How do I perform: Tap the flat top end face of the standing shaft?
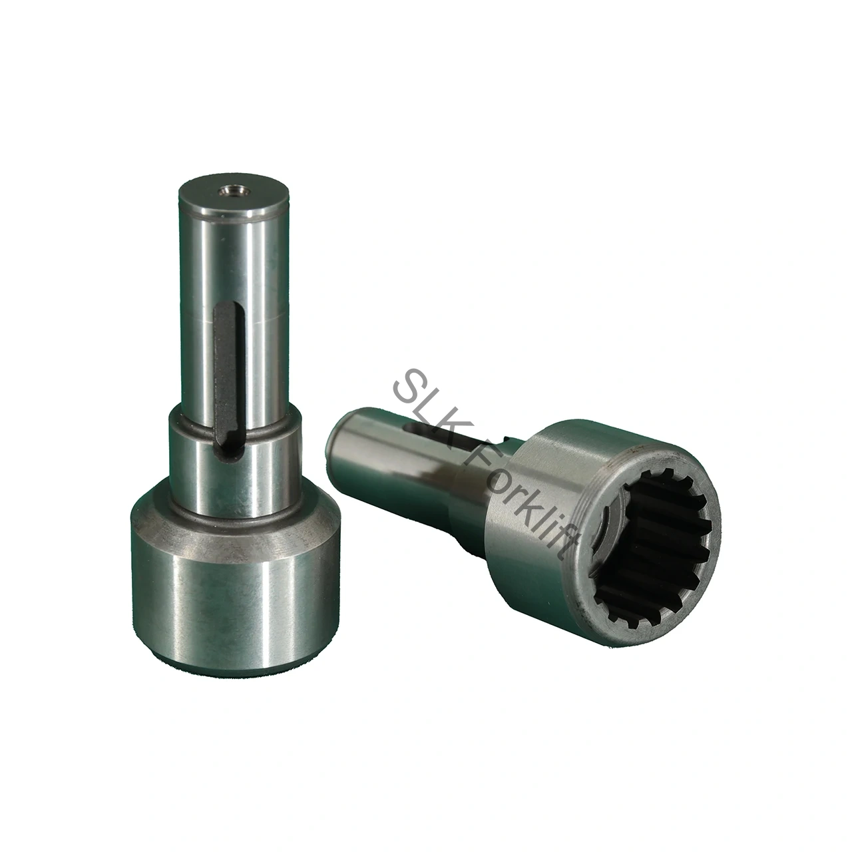[x=234, y=195]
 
